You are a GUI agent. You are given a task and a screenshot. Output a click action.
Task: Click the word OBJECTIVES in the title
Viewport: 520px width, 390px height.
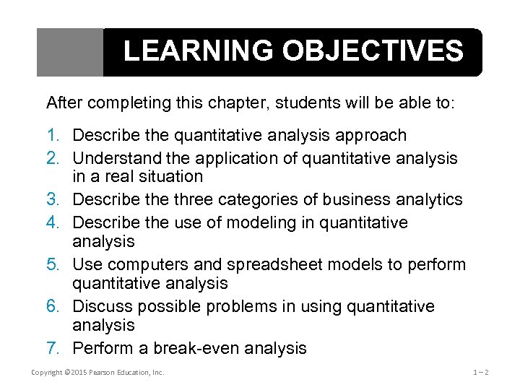[373, 52]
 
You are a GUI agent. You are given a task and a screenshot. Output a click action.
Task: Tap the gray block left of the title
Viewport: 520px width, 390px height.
[70, 52]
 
